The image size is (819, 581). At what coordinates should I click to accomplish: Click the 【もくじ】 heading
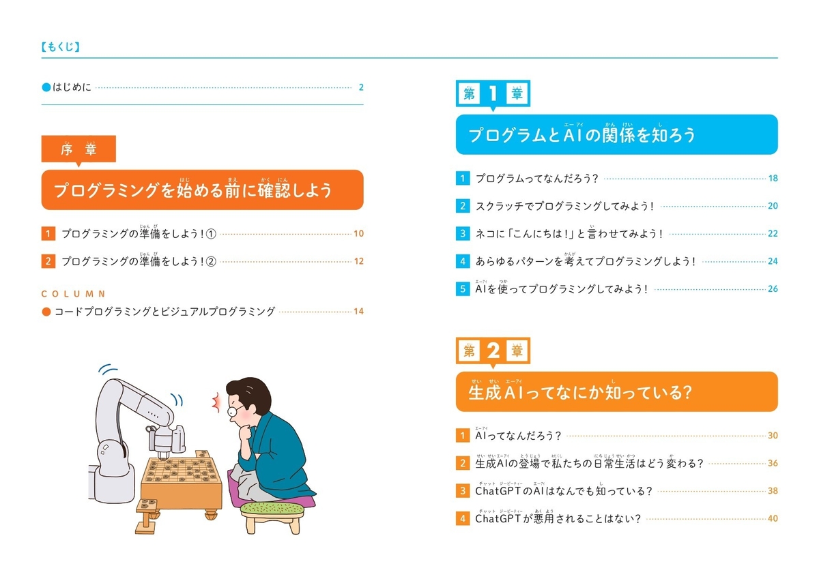(x=61, y=48)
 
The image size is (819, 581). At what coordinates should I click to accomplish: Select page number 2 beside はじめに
(x=360, y=87)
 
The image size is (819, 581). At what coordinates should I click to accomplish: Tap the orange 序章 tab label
(x=78, y=150)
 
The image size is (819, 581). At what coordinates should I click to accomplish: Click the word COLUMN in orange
(x=74, y=294)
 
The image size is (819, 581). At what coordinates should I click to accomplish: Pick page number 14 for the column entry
(x=358, y=312)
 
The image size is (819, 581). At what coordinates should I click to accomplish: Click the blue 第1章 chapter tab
(x=492, y=95)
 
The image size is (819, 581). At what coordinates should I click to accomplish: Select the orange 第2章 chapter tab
(x=492, y=351)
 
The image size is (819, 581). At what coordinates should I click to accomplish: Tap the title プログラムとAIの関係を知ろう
(x=581, y=134)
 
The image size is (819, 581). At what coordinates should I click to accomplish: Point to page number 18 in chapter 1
(x=773, y=179)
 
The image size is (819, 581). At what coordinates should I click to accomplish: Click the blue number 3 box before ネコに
(x=463, y=233)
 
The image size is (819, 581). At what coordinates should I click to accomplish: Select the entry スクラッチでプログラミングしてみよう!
(x=565, y=206)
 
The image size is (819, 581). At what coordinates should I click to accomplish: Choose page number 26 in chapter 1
(x=773, y=288)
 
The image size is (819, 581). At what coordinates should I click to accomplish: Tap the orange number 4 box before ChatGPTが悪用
(x=463, y=518)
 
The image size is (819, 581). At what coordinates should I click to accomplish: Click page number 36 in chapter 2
(x=773, y=463)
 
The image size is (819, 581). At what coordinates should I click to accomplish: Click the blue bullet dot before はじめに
(x=46, y=87)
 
